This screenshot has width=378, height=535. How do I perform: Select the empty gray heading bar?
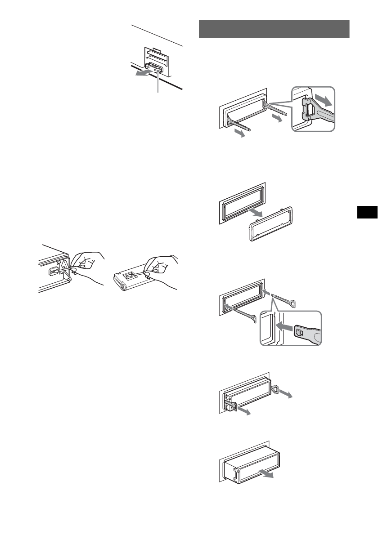tap(274, 29)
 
